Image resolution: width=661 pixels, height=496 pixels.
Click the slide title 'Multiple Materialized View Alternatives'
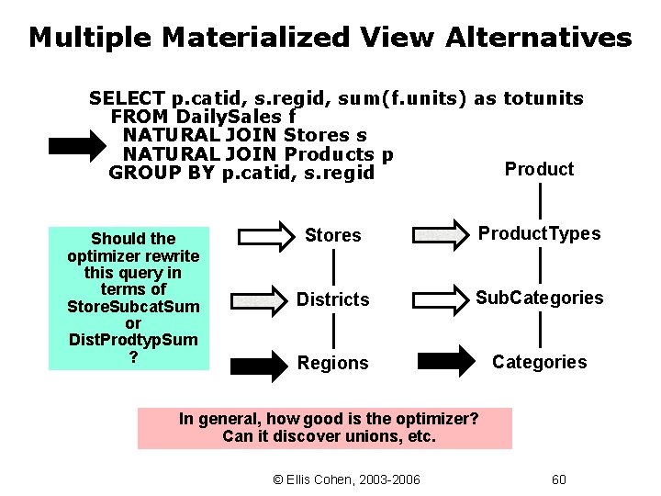[x=330, y=38]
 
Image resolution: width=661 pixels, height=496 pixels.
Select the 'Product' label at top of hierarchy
[x=539, y=169]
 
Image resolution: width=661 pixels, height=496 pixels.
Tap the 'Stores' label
[x=332, y=235]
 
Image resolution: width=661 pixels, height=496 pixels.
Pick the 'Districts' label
[x=332, y=299]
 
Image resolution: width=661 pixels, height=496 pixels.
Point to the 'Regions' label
[x=332, y=363]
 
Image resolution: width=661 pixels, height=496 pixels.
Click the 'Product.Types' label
[x=539, y=233]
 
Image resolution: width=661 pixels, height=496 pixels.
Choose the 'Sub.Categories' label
[x=539, y=298]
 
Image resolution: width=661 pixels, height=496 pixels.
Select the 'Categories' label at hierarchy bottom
[x=539, y=362]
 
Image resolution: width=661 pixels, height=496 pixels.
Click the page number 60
[x=558, y=479]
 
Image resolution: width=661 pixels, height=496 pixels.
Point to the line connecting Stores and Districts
[x=332, y=267]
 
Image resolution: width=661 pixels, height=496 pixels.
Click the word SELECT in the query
[x=127, y=98]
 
